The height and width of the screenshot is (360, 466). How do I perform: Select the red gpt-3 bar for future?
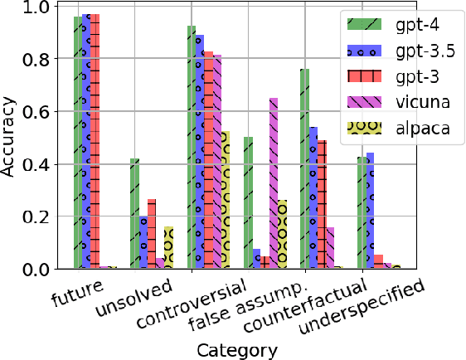coord(95,142)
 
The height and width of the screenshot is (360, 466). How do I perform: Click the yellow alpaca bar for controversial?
coord(226,200)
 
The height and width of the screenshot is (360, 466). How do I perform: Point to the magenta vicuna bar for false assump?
coord(274,183)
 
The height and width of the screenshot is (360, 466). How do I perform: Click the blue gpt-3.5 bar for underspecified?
coord(370,211)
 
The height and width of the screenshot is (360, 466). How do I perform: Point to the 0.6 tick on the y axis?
coord(53,111)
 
